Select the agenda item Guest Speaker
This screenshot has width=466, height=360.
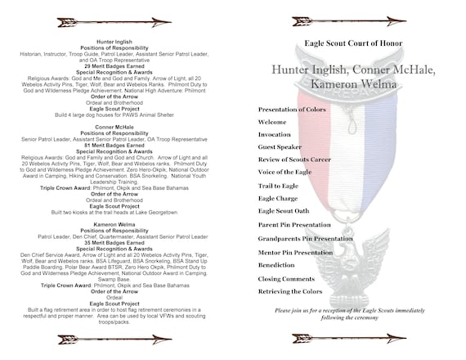tap(280, 147)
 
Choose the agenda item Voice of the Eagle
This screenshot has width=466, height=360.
tap(286, 173)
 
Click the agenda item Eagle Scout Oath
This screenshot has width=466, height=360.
tap(283, 211)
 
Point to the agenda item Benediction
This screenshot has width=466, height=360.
tap(276, 265)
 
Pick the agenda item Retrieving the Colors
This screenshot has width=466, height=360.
tap(289, 291)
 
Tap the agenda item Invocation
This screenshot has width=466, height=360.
tap(274, 134)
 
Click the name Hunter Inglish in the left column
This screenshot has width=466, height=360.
tap(114, 41)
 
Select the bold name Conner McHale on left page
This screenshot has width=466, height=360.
tap(114, 128)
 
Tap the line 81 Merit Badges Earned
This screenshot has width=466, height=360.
tap(114, 145)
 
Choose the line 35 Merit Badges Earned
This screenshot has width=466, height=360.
tap(114, 243)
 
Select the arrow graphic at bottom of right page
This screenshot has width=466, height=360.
tap(337, 338)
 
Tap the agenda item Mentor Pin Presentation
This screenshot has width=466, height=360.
tap(294, 253)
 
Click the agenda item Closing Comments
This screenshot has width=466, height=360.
tap(285, 279)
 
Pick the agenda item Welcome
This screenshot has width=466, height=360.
tap(272, 122)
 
